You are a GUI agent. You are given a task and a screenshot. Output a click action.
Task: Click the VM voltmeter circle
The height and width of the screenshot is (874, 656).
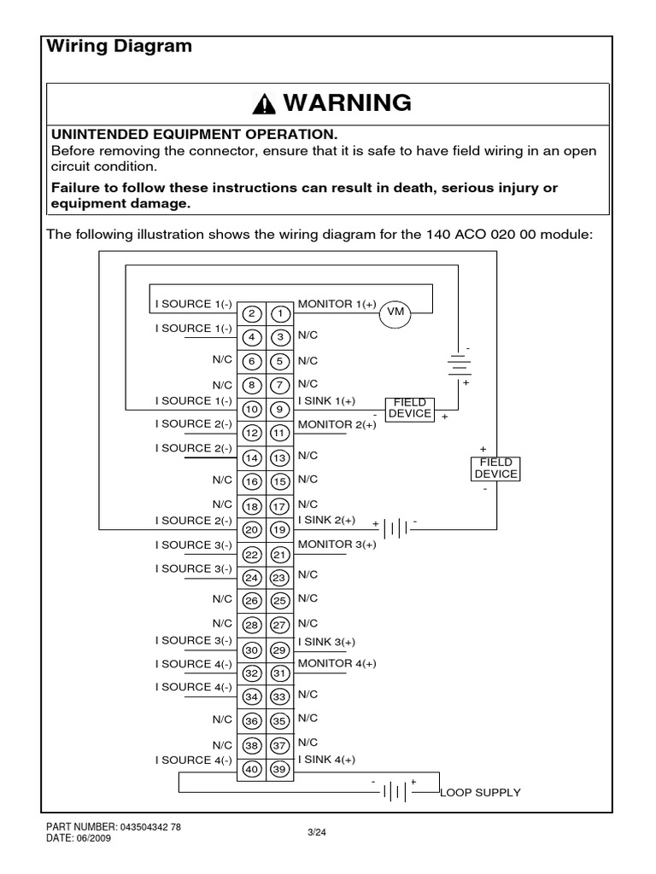point(395,312)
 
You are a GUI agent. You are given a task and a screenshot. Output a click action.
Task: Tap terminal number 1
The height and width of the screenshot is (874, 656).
point(279,313)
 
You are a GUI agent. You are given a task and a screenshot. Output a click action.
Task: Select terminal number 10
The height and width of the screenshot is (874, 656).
point(251,410)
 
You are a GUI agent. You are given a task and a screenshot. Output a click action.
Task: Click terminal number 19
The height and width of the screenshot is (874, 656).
point(279,529)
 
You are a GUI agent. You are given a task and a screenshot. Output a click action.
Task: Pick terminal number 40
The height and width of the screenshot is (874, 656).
point(251,769)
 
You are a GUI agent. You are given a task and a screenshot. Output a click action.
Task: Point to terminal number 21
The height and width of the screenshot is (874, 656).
point(279,554)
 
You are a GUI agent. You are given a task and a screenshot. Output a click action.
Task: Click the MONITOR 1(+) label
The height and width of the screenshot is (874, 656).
point(337,304)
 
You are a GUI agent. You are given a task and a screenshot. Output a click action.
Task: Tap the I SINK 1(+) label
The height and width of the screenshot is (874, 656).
point(327,400)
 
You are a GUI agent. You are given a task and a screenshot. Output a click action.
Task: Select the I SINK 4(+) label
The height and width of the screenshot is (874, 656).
point(327,760)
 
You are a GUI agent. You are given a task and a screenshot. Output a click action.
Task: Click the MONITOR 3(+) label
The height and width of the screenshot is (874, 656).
point(337,544)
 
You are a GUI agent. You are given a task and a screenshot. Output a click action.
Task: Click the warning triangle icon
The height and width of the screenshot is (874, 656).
point(265,104)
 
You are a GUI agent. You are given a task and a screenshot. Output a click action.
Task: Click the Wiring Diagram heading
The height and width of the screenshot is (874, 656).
point(118,47)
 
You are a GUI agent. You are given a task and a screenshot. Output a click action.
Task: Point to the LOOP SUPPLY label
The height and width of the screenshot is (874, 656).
point(480,793)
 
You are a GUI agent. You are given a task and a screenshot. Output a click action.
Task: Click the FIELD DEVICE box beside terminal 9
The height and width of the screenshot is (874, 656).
point(410,408)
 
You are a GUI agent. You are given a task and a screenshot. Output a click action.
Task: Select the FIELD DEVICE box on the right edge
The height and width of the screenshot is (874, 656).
point(495,469)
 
